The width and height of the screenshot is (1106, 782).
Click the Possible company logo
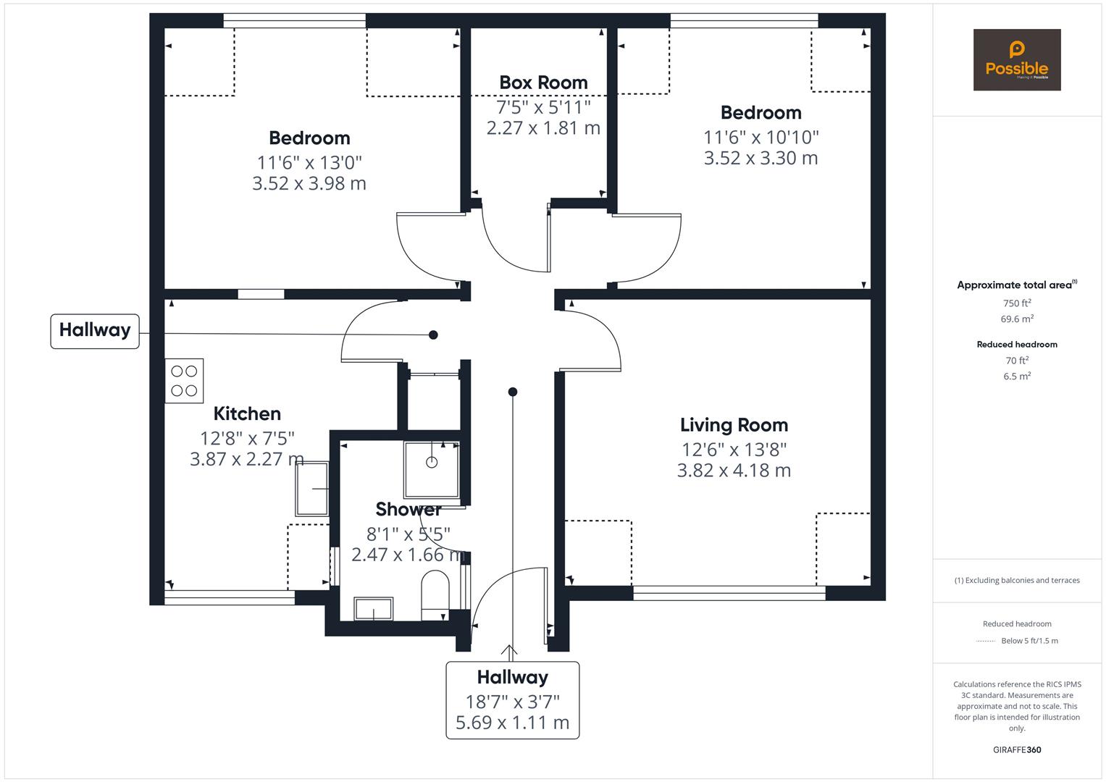1016,59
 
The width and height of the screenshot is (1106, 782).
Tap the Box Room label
543,83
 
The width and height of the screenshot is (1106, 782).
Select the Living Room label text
734,425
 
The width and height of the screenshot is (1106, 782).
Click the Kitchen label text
247,413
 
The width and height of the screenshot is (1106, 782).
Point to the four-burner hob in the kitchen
184,381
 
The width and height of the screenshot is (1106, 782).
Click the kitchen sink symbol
312,489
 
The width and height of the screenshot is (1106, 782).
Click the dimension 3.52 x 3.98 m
309,184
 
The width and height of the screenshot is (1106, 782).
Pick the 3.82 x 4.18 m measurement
734,471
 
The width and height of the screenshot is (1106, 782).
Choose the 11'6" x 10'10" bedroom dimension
761,137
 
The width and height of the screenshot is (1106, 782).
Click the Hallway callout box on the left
95,331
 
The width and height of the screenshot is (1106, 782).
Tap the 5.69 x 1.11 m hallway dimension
512,723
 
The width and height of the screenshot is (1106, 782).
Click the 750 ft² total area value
1017,303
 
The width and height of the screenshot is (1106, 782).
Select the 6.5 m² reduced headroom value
1017,376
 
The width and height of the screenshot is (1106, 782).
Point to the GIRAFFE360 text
1017,749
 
